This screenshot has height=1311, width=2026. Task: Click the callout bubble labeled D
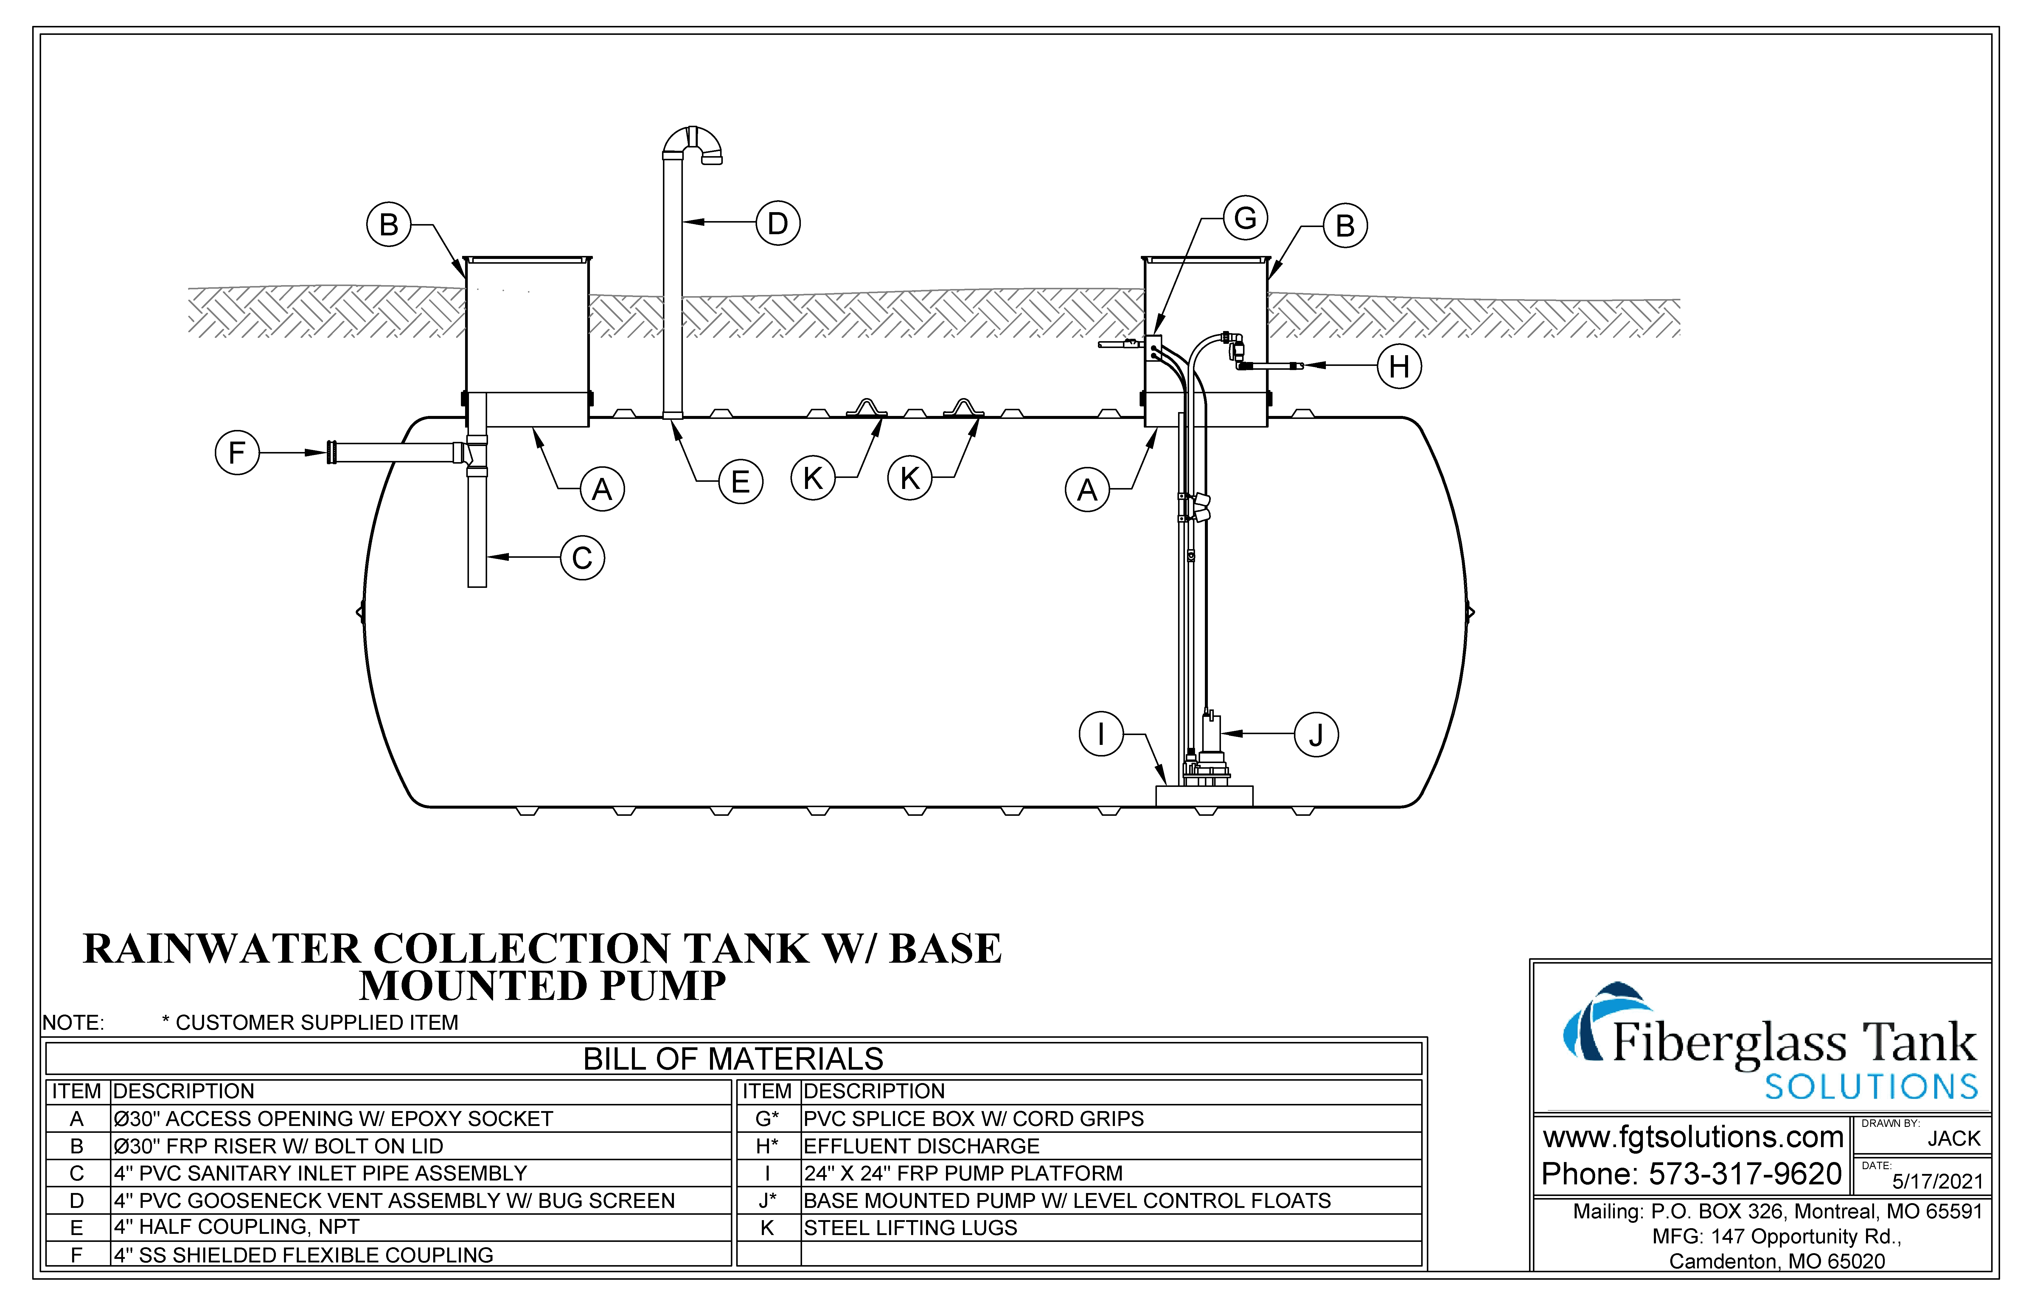778,223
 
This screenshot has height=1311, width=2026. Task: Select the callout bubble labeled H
1399,366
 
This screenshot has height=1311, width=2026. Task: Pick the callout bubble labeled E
741,482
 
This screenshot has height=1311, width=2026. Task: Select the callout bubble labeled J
1316,735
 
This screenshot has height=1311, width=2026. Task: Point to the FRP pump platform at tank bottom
1204,796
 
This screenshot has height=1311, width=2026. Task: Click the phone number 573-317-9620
1745,1174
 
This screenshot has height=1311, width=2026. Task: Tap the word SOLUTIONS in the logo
1871,1087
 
